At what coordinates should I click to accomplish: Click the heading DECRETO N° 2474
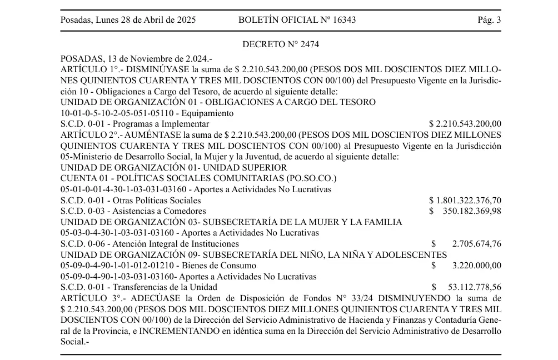(x=281, y=44)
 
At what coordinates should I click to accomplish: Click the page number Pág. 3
(x=489, y=20)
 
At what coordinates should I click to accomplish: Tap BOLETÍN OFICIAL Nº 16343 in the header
(x=297, y=20)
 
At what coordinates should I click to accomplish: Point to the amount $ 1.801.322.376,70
(x=465, y=200)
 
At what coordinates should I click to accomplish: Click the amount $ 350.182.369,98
(x=465, y=211)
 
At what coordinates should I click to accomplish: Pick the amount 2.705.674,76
(x=476, y=243)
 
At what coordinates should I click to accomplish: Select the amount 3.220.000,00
(x=476, y=265)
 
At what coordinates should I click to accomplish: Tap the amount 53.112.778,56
(x=474, y=287)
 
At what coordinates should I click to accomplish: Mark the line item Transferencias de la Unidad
(x=165, y=287)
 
